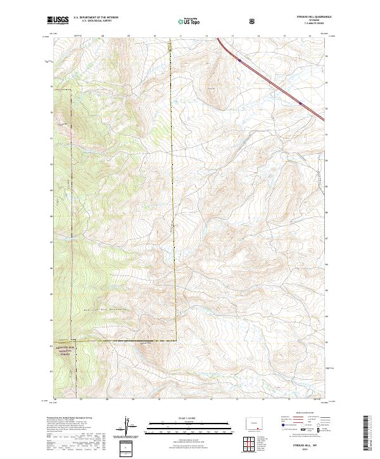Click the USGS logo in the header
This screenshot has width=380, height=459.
click(x=59, y=20)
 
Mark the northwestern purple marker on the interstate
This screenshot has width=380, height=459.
click(x=239, y=60)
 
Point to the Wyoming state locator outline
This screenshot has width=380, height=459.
click(x=257, y=422)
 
